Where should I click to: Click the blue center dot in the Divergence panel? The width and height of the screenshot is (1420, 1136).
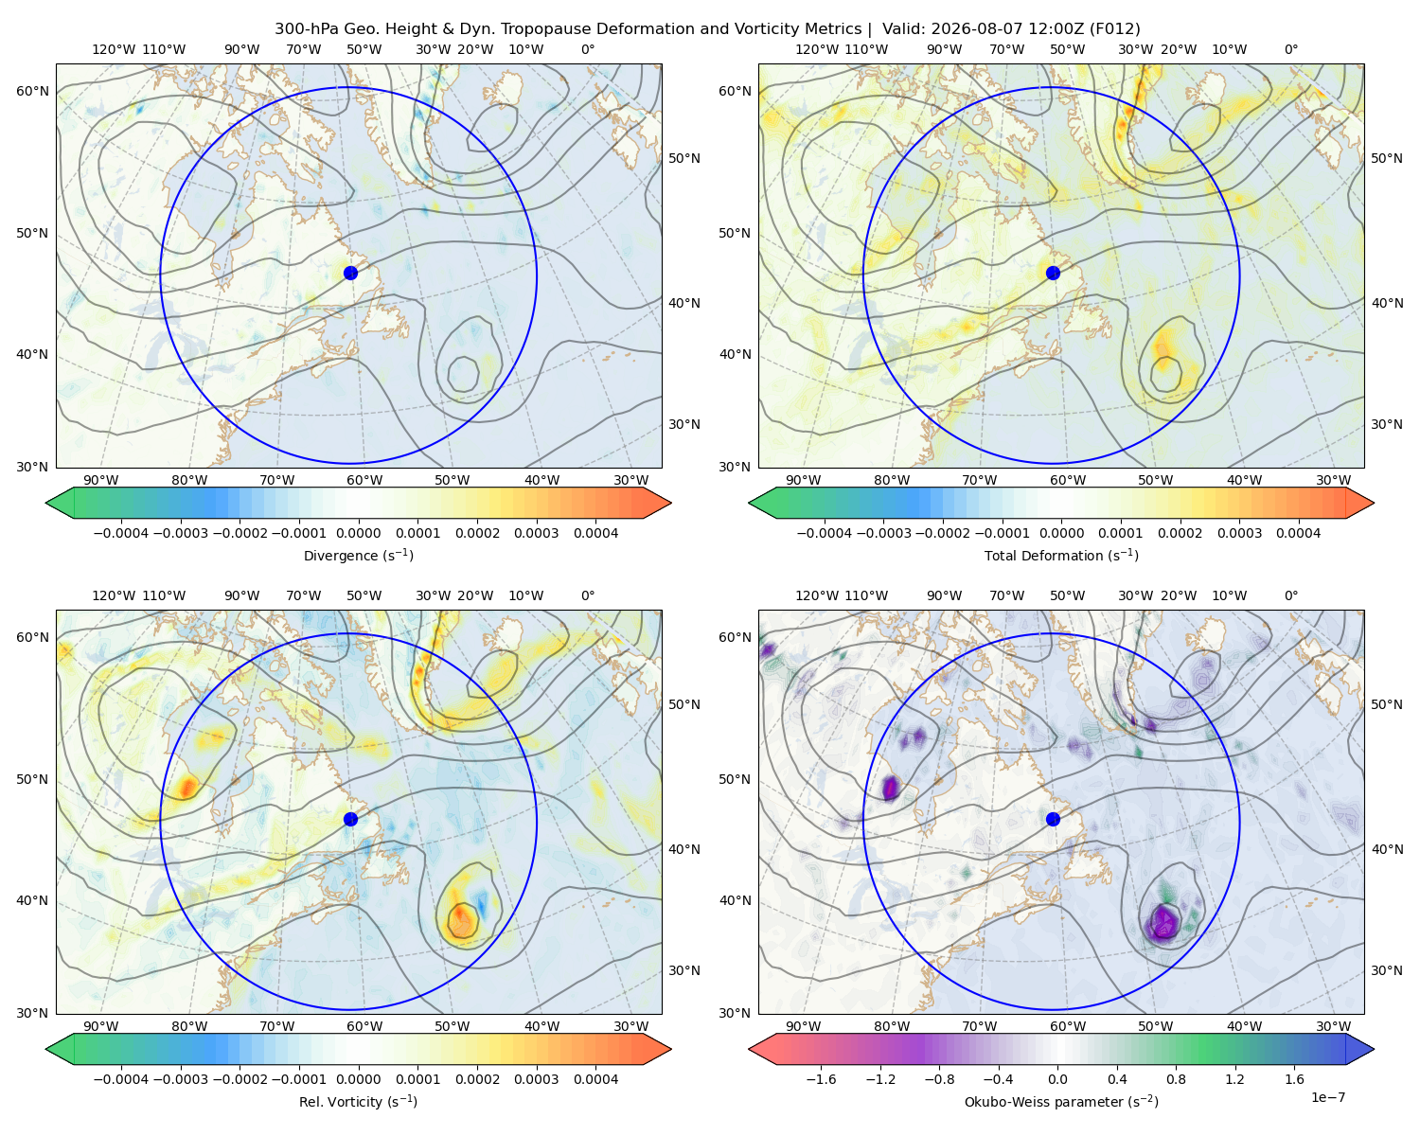click(350, 273)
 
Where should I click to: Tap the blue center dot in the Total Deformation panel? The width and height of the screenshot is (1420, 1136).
click(1053, 273)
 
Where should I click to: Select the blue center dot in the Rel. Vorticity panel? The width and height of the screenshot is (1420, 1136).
click(350, 819)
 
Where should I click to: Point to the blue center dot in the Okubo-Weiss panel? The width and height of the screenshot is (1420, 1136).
click(1053, 819)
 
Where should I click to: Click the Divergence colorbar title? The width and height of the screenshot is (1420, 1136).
click(358, 555)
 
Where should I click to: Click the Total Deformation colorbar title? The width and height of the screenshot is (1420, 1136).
click(1061, 555)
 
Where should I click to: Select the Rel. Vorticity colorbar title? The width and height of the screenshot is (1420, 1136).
click(358, 1102)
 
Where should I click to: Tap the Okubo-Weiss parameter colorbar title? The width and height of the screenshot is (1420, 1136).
click(1061, 1102)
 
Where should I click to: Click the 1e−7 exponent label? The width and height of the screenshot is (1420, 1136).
click(1327, 1097)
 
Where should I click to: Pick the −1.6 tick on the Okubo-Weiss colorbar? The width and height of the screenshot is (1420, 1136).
click(821, 1079)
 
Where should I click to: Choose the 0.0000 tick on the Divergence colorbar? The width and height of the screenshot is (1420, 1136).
click(358, 533)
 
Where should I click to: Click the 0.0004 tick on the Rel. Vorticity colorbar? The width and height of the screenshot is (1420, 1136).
click(595, 1079)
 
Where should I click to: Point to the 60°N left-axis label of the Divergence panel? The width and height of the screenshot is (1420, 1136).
click(32, 91)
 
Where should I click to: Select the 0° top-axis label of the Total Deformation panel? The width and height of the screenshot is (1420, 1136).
click(1291, 49)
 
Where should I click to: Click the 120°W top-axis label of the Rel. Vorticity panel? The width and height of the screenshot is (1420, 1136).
click(114, 595)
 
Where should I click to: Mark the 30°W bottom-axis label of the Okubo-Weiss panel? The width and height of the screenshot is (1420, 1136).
click(1334, 1026)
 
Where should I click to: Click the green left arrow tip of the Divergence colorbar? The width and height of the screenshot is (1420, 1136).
click(46, 503)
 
